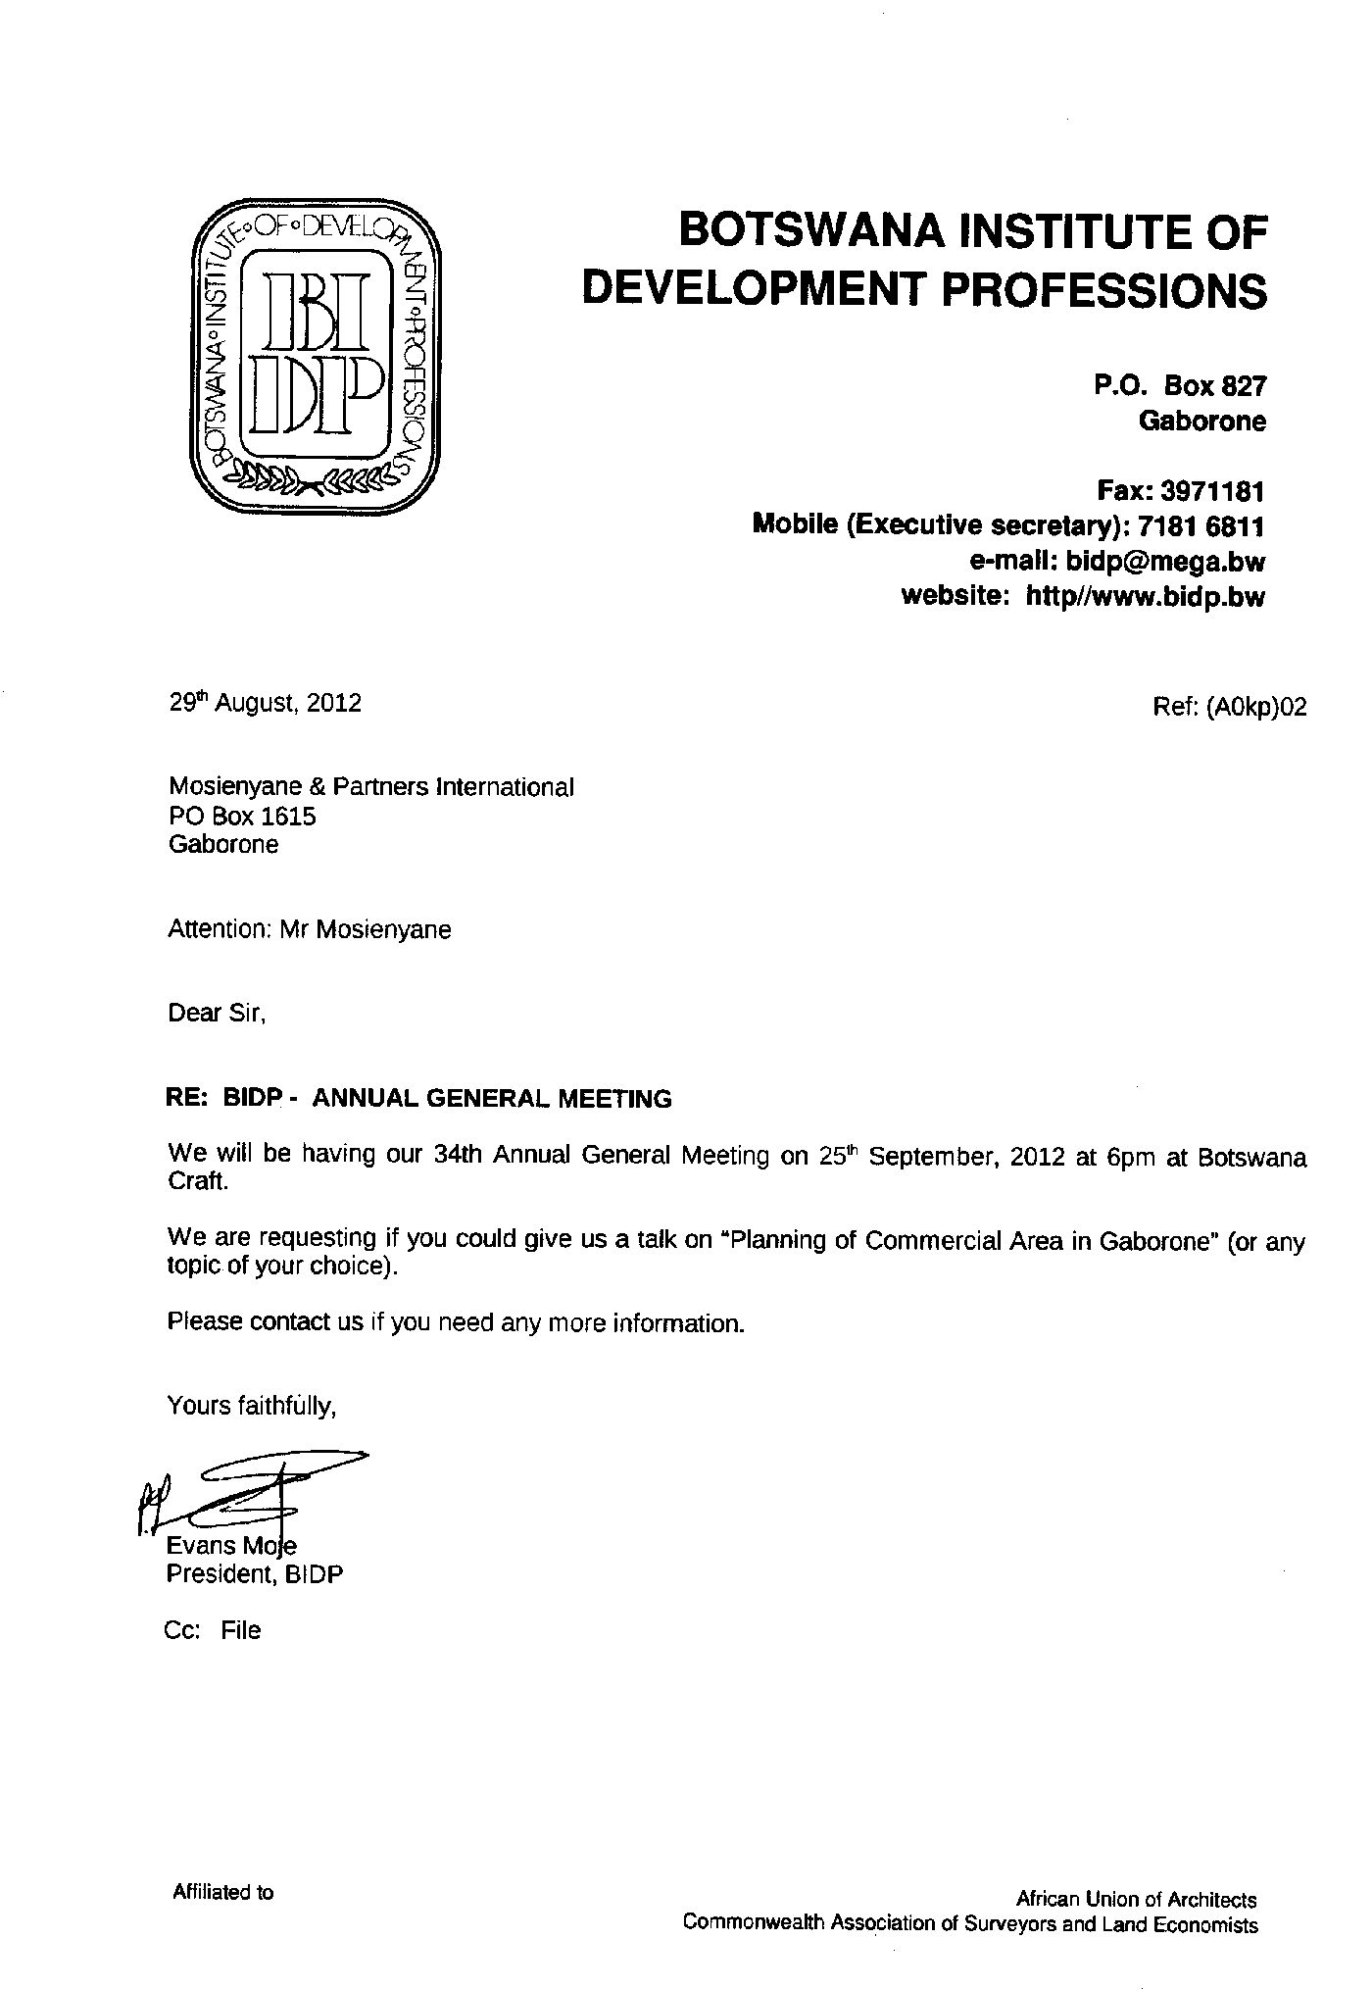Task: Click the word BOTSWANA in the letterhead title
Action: pyautogui.click(x=811, y=232)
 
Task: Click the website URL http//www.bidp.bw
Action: pyautogui.click(x=1144, y=597)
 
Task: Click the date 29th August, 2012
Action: pyautogui.click(x=265, y=703)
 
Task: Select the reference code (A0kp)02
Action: pyautogui.click(x=1257, y=707)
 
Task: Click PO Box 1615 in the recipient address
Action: pyautogui.click(x=242, y=816)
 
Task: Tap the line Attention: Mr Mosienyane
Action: pyautogui.click(x=310, y=928)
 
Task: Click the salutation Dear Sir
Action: pyautogui.click(x=217, y=1013)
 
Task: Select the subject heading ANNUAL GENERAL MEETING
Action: pyautogui.click(x=491, y=1099)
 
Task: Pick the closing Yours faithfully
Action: pyautogui.click(x=252, y=1406)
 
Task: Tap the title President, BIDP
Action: pyautogui.click(x=255, y=1574)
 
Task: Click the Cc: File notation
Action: pyautogui.click(x=214, y=1630)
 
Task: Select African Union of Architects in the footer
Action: pyautogui.click(x=1136, y=1899)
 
